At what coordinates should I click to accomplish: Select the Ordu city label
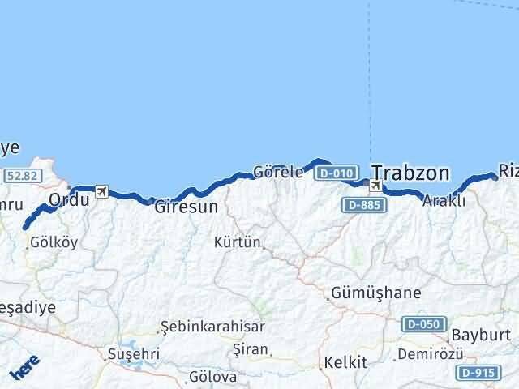[68, 199]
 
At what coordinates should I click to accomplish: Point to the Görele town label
[278, 173]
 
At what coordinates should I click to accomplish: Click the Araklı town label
[444, 202]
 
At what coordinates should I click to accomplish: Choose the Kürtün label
[238, 242]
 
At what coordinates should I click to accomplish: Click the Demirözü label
[431, 355]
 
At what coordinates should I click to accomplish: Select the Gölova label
[212, 377]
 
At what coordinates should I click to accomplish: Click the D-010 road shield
[336, 173]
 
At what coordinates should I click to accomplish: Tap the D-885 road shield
[362, 206]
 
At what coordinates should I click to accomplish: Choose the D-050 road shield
[424, 324]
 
